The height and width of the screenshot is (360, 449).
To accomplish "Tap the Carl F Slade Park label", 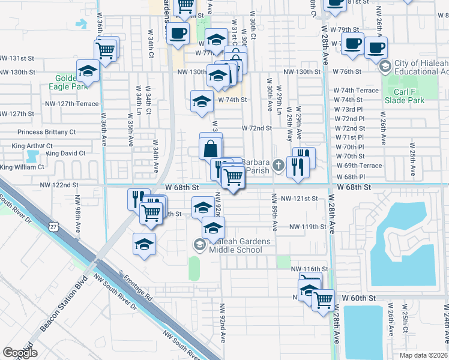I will (x=405, y=96).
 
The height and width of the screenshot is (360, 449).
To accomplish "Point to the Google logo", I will (x=19, y=353).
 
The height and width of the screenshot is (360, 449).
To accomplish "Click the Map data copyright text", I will (x=423, y=355).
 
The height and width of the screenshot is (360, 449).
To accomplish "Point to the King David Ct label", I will (x=65, y=154).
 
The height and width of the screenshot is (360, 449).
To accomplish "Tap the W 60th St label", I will (x=358, y=298).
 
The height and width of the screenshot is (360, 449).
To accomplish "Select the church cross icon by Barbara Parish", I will (x=278, y=164).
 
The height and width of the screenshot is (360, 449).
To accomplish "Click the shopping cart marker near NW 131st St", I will (x=106, y=50).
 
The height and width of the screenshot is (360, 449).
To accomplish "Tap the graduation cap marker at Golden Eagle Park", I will (x=88, y=71).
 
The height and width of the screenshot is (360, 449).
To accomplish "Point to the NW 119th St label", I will (x=307, y=227).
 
